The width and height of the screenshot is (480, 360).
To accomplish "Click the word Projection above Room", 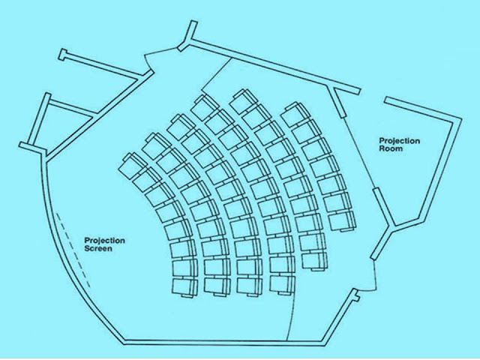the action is [x=398, y=141].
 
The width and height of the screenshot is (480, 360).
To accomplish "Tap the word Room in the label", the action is [x=391, y=149].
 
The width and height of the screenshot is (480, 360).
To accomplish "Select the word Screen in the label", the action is [x=98, y=248].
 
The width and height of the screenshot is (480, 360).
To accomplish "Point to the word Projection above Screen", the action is [x=104, y=240].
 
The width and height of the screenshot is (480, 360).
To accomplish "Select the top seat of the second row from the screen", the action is [x=154, y=141].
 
